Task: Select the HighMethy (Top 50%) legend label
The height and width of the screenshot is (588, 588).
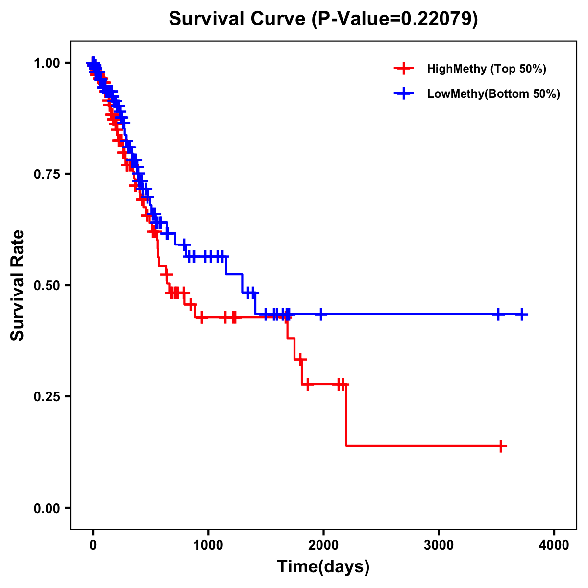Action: tap(487, 69)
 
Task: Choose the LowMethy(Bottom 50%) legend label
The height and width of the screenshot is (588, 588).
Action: tap(493, 94)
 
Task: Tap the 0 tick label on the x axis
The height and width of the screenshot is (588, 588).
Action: tap(93, 545)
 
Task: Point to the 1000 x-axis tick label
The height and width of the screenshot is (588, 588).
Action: tap(208, 545)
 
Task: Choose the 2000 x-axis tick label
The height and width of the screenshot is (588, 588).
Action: tap(323, 545)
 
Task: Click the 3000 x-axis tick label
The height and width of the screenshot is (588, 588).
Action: tap(439, 545)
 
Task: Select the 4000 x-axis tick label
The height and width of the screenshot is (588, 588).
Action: tap(554, 545)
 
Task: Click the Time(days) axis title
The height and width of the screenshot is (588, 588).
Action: tap(323, 567)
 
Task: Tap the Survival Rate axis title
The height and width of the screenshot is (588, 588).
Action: tap(18, 285)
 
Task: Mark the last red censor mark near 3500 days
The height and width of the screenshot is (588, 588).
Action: tap(500, 446)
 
